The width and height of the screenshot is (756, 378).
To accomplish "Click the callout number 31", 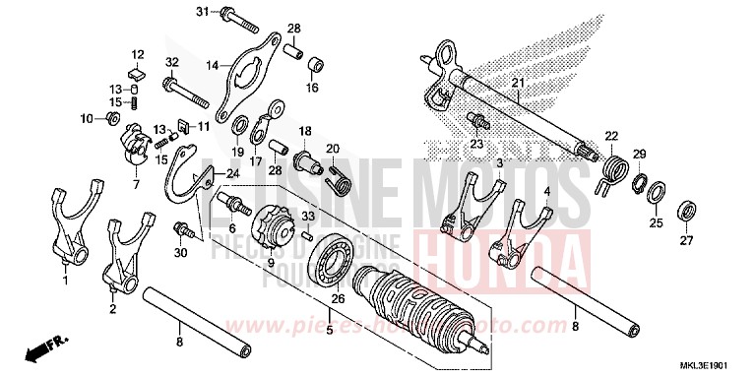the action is tap(202, 12).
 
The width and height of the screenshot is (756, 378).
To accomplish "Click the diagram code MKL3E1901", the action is tap(720, 365).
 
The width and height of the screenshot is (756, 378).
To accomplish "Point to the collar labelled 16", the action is tap(318, 67).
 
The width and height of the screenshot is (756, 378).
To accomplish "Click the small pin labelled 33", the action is tap(307, 233).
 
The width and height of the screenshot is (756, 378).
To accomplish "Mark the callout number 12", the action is tap(138, 54).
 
